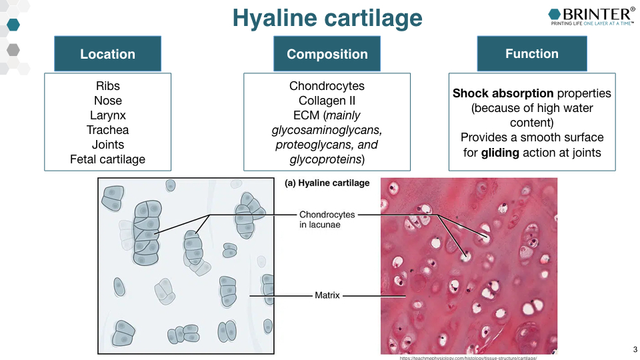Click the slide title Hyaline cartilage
327,18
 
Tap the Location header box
107,54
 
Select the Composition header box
327,54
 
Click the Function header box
531,53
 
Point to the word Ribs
107,86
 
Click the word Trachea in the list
107,130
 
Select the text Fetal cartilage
107,159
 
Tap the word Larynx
107,115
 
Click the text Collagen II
327,101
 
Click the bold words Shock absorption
503,93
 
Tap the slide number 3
635,349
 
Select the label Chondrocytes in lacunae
327,219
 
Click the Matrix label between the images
327,295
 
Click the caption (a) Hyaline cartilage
327,183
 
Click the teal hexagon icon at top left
13,25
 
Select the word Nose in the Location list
107,101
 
